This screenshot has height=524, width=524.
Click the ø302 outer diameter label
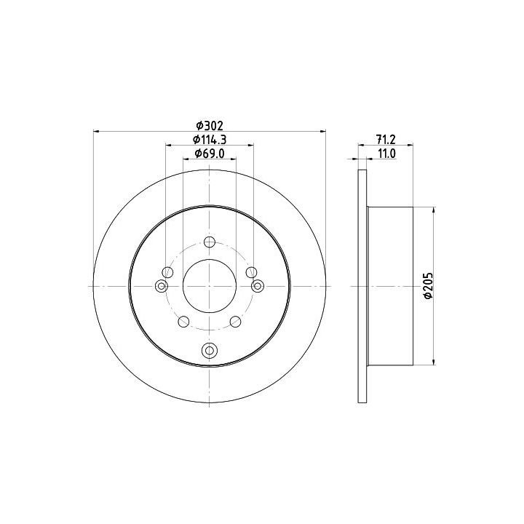[210, 126]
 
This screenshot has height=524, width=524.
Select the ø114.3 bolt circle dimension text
[210, 140]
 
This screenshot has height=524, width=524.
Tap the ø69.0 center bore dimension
[210, 154]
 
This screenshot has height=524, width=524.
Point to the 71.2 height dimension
[385, 140]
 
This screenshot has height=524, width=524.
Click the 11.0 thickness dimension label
[386, 154]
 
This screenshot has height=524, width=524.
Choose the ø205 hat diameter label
[428, 286]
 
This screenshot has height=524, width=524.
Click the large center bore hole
[210, 286]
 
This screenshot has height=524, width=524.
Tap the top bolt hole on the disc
[210, 242]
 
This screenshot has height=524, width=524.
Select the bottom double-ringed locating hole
[210, 350]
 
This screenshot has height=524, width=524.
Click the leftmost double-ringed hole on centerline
[162, 286]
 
